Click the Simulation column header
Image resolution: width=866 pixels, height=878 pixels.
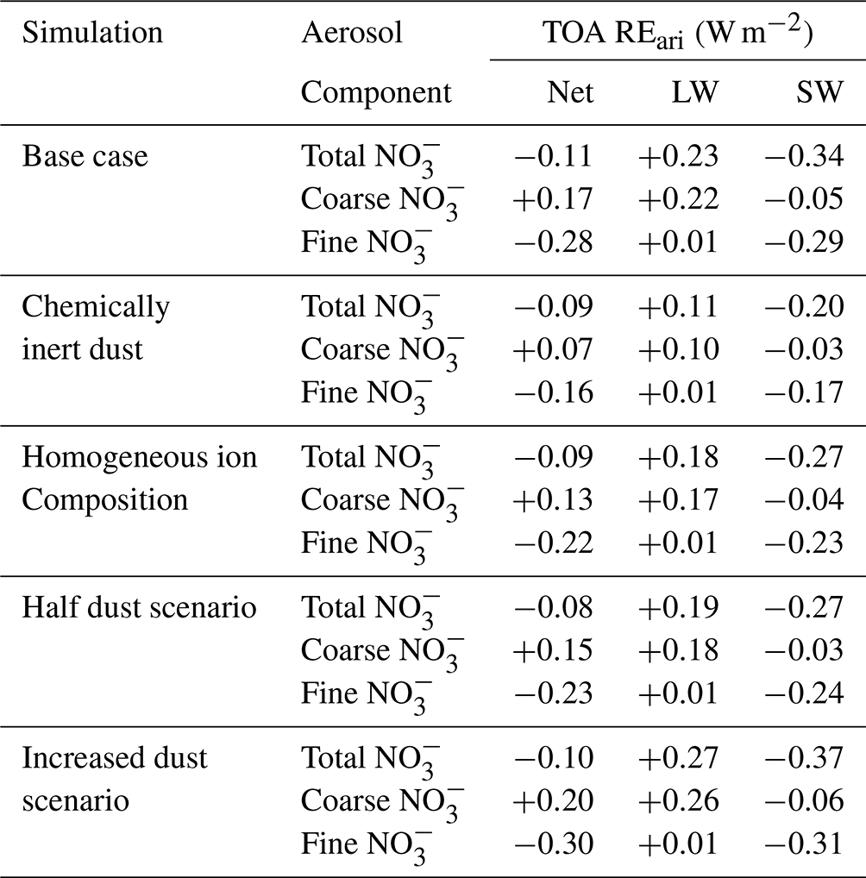click(92, 33)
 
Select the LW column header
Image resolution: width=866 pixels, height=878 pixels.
click(694, 92)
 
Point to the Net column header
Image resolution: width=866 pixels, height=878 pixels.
click(570, 92)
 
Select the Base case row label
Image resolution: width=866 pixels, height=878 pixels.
click(85, 156)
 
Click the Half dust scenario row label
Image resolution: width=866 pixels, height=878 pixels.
click(139, 607)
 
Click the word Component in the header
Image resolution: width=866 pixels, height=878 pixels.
click(376, 92)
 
